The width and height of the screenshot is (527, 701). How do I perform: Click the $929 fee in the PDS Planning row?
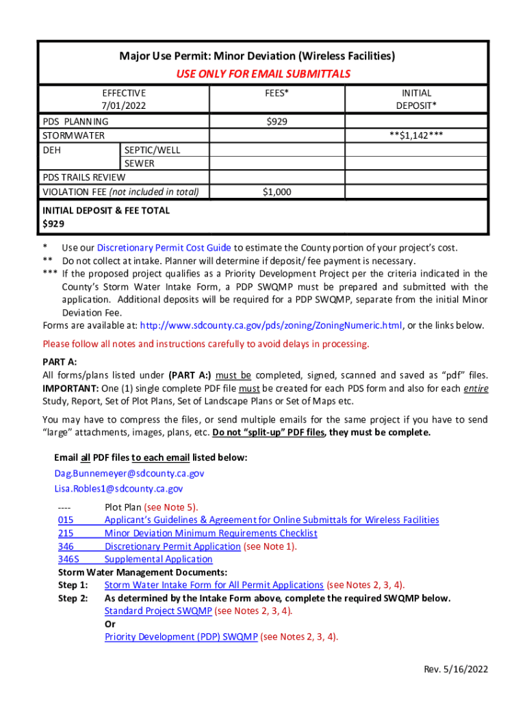(277, 121)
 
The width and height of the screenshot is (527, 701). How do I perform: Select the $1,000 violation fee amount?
(277, 192)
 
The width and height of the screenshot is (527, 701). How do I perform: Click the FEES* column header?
(276, 92)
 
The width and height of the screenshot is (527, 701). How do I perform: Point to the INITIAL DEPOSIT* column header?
(416, 99)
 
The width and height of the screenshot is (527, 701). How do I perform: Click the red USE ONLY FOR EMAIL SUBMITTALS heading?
(263, 74)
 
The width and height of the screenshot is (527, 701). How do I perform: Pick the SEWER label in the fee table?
(139, 164)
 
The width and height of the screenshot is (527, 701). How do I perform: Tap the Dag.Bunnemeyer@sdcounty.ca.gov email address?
(129, 473)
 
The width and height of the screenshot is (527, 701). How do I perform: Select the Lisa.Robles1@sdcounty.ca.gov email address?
(118, 489)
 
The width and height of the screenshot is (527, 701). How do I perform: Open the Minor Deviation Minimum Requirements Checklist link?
(211, 533)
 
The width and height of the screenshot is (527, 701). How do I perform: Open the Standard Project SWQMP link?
(158, 611)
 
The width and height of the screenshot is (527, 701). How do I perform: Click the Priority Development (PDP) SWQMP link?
(181, 637)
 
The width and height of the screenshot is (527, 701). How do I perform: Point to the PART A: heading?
(60, 361)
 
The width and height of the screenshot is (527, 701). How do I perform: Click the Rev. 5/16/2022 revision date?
(457, 670)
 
